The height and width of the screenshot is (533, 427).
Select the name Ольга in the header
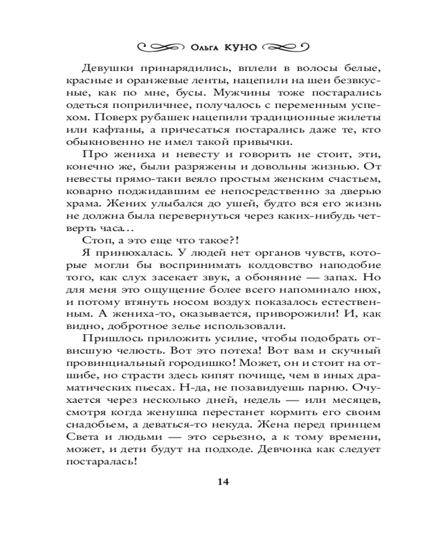pyautogui.click(x=204, y=47)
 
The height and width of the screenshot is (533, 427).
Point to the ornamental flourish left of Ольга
pyautogui.click(x=161, y=47)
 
